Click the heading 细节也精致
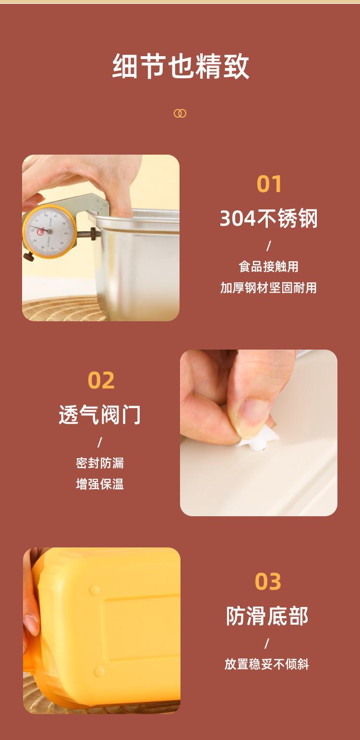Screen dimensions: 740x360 (180, 67)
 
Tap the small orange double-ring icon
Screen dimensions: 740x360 (180, 113)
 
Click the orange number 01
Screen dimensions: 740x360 (269, 184)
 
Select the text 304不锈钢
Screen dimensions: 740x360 (269, 219)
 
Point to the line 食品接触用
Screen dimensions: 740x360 (269, 267)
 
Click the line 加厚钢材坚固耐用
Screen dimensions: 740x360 (269, 288)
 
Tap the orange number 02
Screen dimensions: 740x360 (101, 380)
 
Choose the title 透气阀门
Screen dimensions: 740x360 (100, 414)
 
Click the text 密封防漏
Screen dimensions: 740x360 (100, 463)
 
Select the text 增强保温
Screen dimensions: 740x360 (100, 484)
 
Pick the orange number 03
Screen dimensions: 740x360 (268, 582)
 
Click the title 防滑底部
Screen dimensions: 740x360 (267, 616)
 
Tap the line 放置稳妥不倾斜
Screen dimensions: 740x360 (267, 665)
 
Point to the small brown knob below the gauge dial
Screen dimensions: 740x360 (28, 257)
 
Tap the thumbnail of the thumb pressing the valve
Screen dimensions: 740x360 (259, 432)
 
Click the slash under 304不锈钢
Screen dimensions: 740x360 (269, 246)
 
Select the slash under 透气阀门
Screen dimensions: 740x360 (100, 442)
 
